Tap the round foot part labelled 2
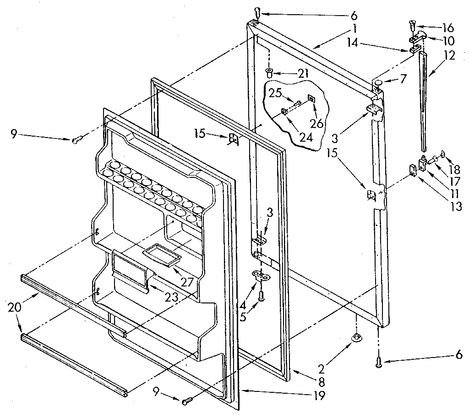(356, 338)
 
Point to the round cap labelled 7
(378, 82)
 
